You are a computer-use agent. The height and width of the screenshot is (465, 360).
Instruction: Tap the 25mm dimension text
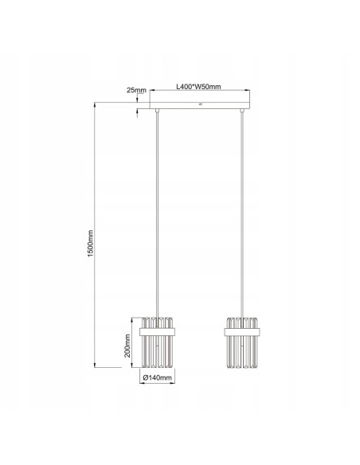point(136,90)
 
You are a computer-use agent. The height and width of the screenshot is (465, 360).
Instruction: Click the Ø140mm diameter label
point(158,378)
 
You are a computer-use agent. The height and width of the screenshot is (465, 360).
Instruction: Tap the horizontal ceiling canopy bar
point(200,104)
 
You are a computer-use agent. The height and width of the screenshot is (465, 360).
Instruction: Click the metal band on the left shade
point(158,327)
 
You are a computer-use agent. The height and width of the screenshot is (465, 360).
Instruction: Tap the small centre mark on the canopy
point(200,104)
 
